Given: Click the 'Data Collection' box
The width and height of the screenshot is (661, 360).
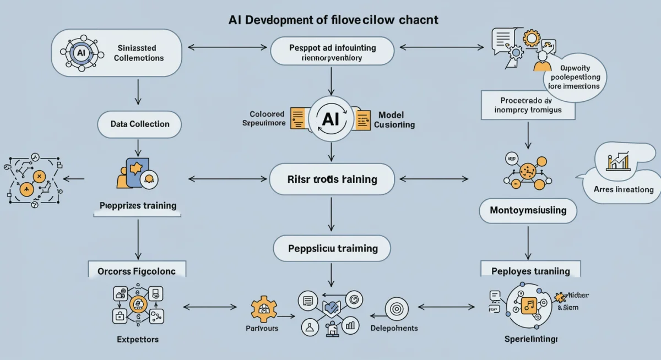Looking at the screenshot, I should tap(140, 124).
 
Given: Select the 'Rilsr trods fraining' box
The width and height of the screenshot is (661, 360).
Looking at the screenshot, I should tap(332, 179).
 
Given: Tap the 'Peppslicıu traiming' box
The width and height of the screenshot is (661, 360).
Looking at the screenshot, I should tap(332, 248).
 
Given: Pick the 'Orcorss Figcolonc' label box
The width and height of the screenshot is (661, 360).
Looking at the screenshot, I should tap(137, 271).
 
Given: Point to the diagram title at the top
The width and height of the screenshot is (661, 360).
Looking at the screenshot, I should tap(333, 20).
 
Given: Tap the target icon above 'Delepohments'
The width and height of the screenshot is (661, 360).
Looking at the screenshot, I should tap(396, 309).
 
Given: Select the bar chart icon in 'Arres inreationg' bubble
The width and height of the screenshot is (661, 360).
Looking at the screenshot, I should tap(620, 160).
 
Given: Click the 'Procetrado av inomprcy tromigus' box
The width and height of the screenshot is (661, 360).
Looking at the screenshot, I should tap(528, 105).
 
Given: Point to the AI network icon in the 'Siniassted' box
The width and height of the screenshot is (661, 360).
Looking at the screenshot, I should tap(82, 53).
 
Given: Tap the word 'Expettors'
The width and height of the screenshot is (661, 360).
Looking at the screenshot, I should tap(137, 340).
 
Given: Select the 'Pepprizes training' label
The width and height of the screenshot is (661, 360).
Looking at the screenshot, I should tap(138, 205).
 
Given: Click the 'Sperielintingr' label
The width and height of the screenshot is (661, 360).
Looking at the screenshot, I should tap(531, 339).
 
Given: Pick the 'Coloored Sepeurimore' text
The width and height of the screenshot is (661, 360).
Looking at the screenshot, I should tap(264, 118).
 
